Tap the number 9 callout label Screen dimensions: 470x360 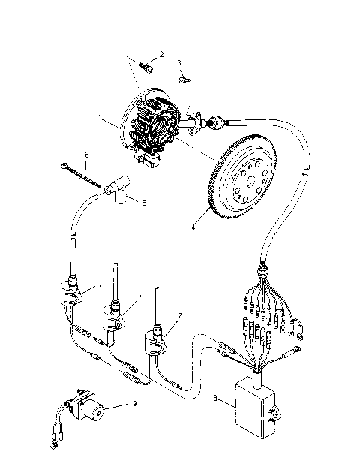pyautogui.click(x=133, y=405)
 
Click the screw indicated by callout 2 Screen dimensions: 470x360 pyautogui.click(x=148, y=68)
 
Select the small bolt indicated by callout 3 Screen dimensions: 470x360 pyautogui.click(x=184, y=77)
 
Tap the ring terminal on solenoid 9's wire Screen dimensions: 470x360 pyautogui.click(x=52, y=447)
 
